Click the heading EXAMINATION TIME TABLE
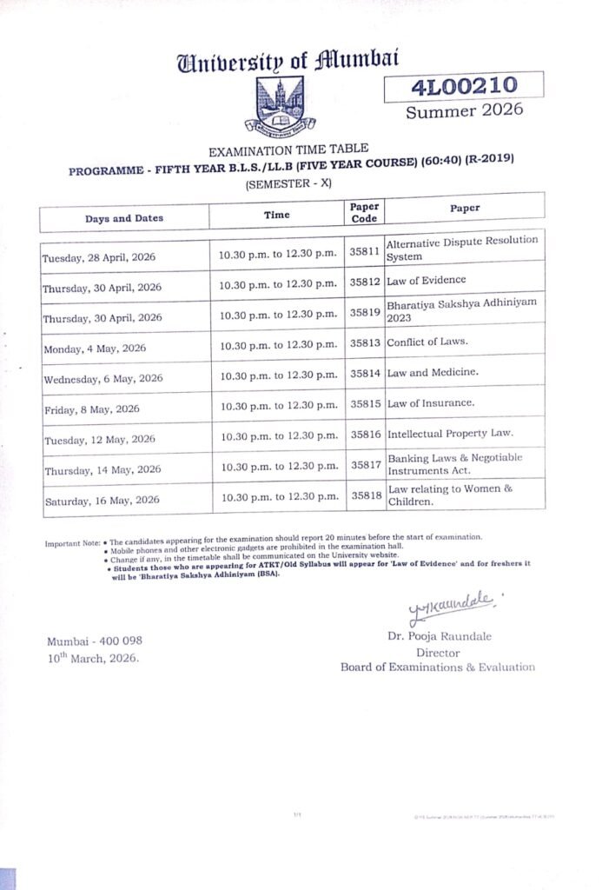[x=288, y=149]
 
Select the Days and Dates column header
[x=124, y=218]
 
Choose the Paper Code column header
[x=364, y=213]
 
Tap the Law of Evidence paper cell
[x=427, y=281]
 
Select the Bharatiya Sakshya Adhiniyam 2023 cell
[x=462, y=310]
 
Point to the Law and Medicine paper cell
[x=428, y=373]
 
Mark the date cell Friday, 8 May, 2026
[x=91, y=408]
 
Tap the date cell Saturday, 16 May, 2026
[x=101, y=500]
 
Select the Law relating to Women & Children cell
[x=451, y=495]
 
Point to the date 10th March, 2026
[x=93, y=658]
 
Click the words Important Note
[x=73, y=544]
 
